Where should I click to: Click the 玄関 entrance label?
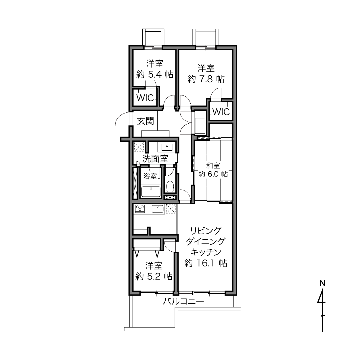coord(145,121)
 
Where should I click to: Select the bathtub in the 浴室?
coord(151,192)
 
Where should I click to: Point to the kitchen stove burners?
coord(140,208)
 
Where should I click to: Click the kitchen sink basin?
coord(158,209)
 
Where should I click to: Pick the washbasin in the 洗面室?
coord(167,147)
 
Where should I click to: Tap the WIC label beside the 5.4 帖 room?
coord(145,98)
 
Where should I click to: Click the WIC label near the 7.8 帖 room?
coord(221,112)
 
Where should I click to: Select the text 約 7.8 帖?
coord(206,79)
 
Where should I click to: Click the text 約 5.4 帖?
coord(155,74)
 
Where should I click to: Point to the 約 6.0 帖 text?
coord(213,174)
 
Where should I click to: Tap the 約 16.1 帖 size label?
coord(206,263)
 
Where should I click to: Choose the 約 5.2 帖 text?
coord(154,276)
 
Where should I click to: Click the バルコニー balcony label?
coord(183,301)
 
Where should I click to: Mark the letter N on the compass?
coord(322,283)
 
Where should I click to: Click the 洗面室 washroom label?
coord(155,159)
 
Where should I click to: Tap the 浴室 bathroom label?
coord(150,176)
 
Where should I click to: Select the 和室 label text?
coord(213,166)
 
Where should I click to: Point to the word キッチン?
coord(206,252)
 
